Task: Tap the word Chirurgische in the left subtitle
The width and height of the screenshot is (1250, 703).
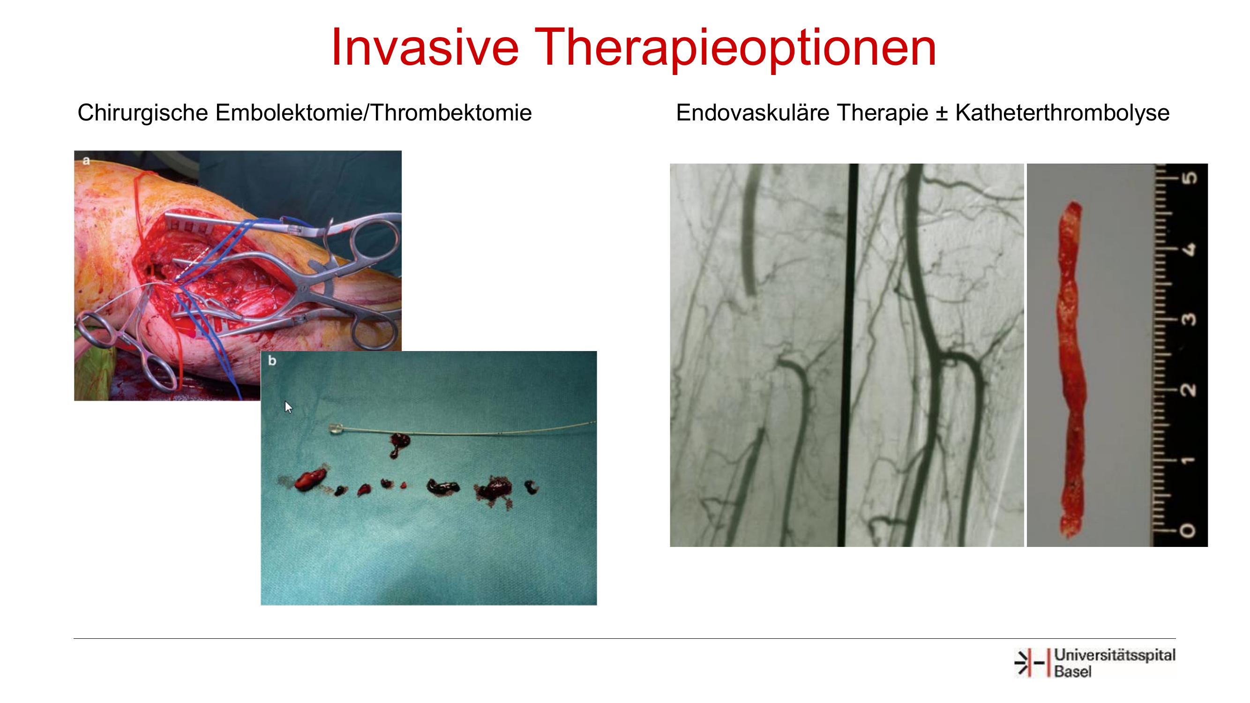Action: point(142,113)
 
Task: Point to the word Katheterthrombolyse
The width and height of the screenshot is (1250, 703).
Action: point(1062,113)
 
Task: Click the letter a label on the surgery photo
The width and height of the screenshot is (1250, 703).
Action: point(86,161)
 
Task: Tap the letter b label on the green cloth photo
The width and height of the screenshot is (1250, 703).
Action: point(272,360)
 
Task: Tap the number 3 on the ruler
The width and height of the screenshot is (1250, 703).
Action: point(1189,319)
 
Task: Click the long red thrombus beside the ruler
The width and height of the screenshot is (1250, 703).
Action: point(1071,369)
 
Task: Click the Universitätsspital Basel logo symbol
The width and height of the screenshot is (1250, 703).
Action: point(1031,662)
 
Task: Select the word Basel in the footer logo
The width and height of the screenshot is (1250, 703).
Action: point(1073,672)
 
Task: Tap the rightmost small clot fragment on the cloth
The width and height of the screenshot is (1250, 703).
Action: point(532,487)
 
